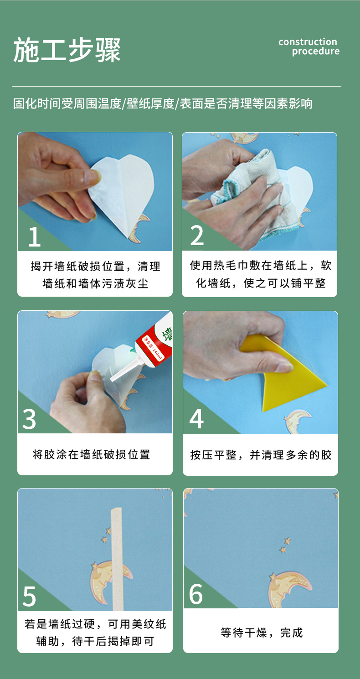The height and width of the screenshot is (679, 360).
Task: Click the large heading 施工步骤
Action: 67,50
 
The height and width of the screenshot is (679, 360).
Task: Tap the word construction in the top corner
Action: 308,42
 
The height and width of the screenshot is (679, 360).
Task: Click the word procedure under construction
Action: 316,51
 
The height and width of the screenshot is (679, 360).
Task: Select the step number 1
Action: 34,237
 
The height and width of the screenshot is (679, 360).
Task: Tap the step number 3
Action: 29,419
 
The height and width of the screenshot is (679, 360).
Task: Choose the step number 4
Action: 196,419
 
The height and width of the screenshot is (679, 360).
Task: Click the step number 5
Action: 29,596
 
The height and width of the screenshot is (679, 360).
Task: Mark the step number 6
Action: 196,594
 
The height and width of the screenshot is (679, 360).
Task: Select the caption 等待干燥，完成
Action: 262,633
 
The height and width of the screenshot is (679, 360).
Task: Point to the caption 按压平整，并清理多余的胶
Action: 261,455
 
